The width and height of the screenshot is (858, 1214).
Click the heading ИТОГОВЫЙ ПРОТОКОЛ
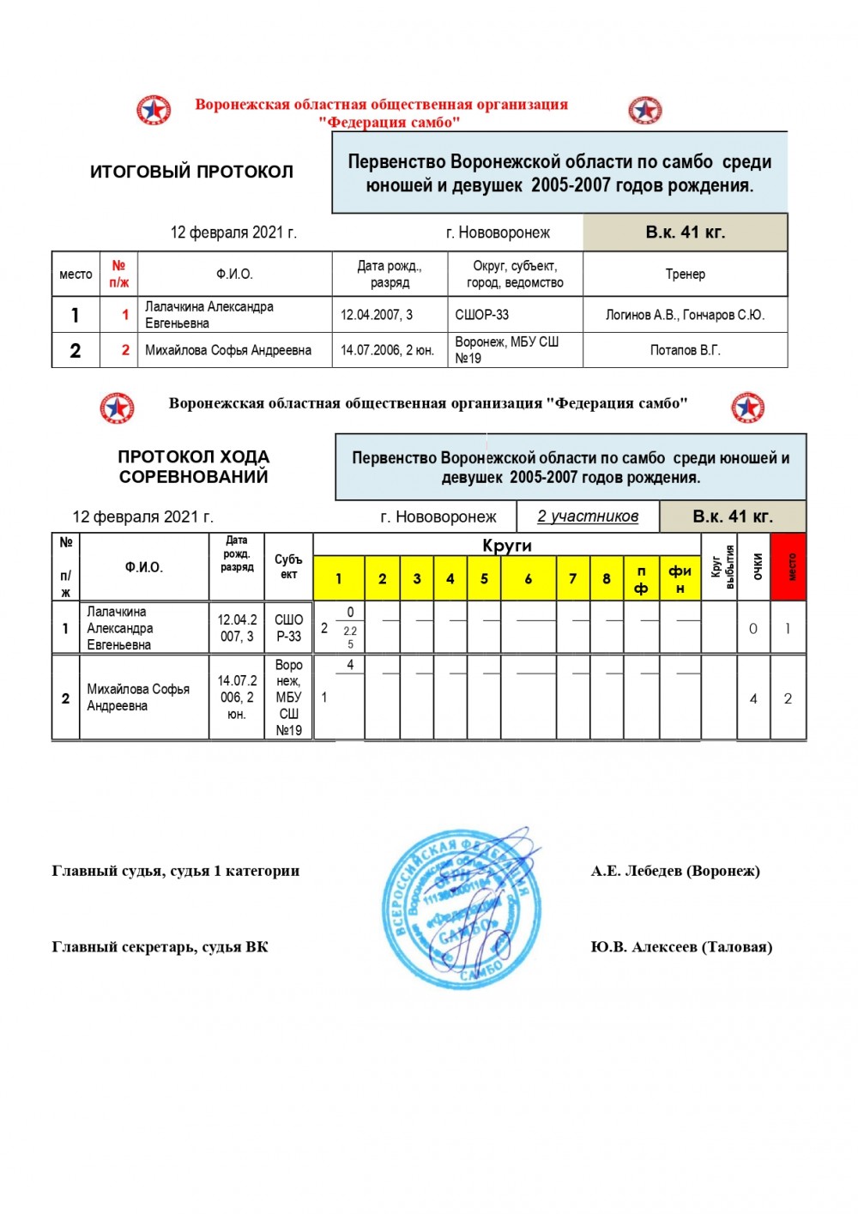(x=191, y=172)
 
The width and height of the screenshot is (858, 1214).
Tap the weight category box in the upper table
(x=685, y=232)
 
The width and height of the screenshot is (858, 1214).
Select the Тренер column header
(x=685, y=275)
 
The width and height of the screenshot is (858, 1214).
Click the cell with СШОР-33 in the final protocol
(x=515, y=315)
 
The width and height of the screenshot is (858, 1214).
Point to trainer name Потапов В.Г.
(x=685, y=350)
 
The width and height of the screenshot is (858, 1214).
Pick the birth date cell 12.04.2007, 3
(x=390, y=315)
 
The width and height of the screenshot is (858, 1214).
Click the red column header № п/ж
(x=118, y=274)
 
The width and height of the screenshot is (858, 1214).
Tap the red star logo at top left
(x=154, y=111)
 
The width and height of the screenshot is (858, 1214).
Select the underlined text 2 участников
(x=588, y=516)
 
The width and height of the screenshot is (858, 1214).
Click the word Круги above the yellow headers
(x=507, y=546)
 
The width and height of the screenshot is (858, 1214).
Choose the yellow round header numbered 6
(x=529, y=578)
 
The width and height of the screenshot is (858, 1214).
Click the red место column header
(x=789, y=566)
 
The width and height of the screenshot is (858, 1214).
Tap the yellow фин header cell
(x=680, y=578)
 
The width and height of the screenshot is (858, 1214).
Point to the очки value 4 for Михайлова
(x=753, y=698)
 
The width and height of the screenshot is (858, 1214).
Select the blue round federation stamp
(x=461, y=909)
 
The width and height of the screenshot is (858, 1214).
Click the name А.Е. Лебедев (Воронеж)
(x=675, y=871)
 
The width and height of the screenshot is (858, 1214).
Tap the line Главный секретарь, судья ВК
(x=160, y=947)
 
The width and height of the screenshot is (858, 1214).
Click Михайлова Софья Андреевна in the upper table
(x=228, y=350)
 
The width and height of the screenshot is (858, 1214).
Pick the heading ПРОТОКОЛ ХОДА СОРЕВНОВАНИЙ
(x=193, y=467)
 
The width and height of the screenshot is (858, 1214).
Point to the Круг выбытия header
(x=719, y=566)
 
